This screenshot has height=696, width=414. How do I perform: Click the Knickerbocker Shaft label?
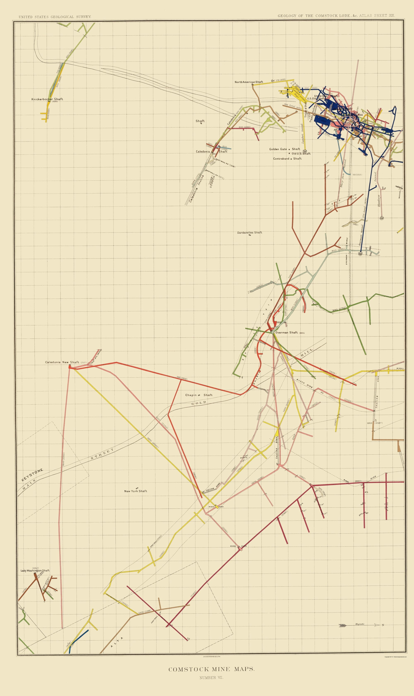point(47,99)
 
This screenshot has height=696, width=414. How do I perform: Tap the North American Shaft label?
point(249,82)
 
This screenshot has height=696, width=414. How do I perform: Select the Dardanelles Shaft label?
point(249,232)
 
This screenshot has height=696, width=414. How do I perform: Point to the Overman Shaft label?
point(286,333)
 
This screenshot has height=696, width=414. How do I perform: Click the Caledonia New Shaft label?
point(62,362)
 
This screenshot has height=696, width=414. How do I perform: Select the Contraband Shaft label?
point(287,159)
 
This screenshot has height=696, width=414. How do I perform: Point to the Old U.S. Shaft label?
point(301,154)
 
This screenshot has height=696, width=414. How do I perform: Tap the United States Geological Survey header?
point(55,17)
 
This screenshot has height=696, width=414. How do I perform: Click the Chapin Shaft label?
point(199,395)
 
